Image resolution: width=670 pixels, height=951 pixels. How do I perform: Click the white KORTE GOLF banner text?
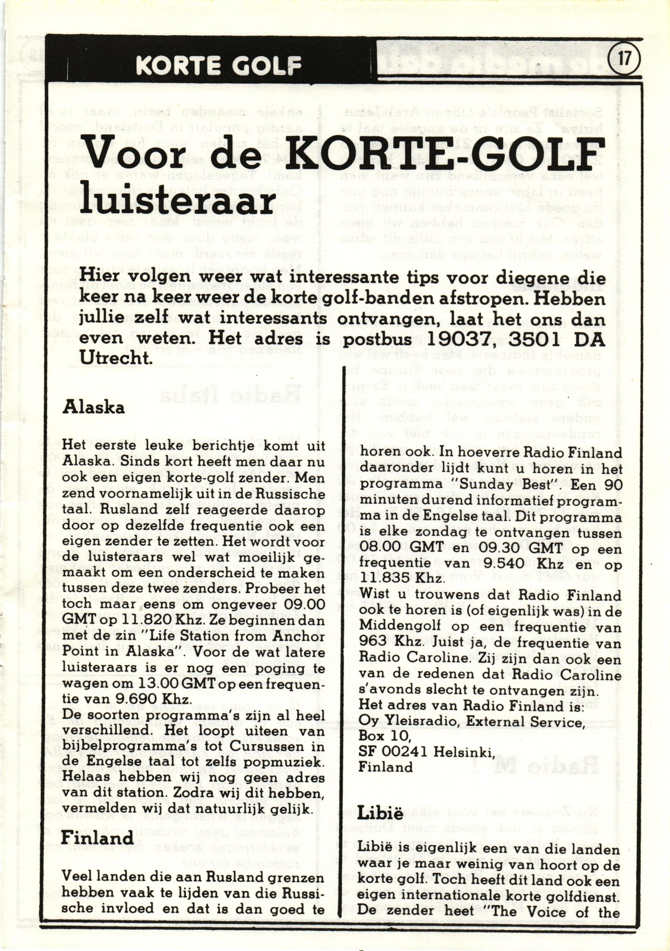tap(218, 64)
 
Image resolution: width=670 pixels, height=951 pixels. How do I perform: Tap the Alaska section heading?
tap(93, 408)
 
